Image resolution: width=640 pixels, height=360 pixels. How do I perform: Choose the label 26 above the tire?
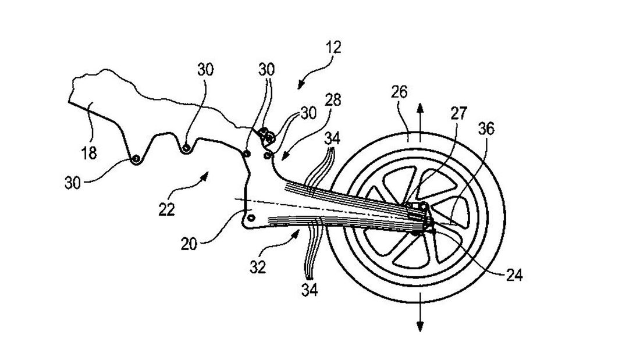point(399,92)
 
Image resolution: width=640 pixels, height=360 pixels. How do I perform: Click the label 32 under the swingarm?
point(259,267)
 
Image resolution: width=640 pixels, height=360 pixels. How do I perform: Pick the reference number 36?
point(486,129)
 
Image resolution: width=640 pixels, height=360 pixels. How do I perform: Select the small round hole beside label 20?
point(251,217)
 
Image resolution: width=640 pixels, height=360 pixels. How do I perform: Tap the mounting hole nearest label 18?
point(136,159)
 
